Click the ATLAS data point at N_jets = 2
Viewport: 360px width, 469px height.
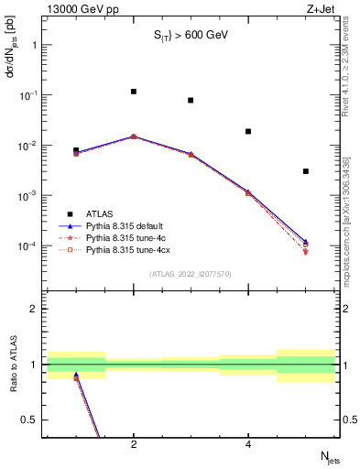[x=134, y=92]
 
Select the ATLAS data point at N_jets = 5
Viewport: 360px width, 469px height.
[x=306, y=171]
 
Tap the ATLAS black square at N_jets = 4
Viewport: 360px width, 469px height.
[x=248, y=131]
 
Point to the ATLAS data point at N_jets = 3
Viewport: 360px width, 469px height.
[x=191, y=100]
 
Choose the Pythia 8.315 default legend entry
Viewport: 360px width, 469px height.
[x=125, y=224]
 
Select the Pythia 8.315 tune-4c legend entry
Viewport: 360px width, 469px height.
[x=125, y=236]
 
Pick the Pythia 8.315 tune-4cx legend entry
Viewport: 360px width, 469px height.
[x=126, y=248]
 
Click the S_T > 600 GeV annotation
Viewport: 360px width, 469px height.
[x=190, y=36]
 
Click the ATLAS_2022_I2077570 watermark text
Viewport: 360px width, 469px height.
[x=191, y=273]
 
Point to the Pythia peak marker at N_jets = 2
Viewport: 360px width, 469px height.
[x=134, y=136]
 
